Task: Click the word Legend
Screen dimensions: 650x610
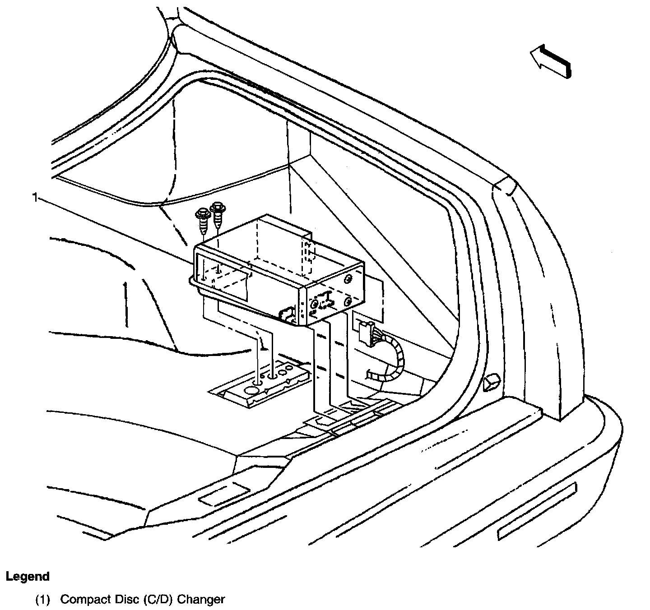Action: tap(28, 576)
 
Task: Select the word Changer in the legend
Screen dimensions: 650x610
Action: tap(201, 600)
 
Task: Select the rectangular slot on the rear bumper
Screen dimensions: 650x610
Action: tap(537, 511)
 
